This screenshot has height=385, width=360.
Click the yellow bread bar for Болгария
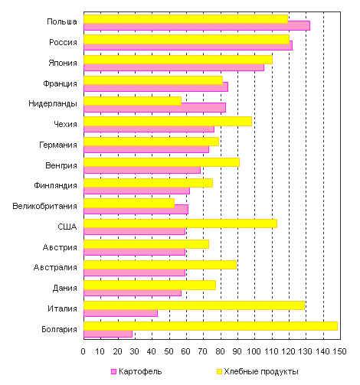(x=211, y=326)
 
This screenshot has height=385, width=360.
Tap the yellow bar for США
(x=180, y=223)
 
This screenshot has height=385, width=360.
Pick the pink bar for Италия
(x=120, y=313)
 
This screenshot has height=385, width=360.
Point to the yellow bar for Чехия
(x=168, y=121)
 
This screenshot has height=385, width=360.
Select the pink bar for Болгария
(x=108, y=334)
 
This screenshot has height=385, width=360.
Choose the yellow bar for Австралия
(x=160, y=265)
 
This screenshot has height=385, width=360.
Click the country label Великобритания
(x=44, y=206)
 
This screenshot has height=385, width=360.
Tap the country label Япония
(x=63, y=63)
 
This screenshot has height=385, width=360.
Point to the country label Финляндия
(x=55, y=185)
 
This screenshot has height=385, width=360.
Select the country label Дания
(x=65, y=288)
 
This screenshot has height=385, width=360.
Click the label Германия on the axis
(x=58, y=145)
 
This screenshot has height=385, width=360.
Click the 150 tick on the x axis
(x=339, y=351)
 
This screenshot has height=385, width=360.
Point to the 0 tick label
(x=83, y=351)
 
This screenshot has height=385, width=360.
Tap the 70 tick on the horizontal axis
(x=203, y=351)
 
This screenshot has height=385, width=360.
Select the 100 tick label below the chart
(x=254, y=351)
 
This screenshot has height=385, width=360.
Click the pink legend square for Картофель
(x=113, y=372)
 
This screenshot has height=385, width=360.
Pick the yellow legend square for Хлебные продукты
(x=219, y=372)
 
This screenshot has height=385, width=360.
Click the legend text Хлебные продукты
(x=261, y=372)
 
